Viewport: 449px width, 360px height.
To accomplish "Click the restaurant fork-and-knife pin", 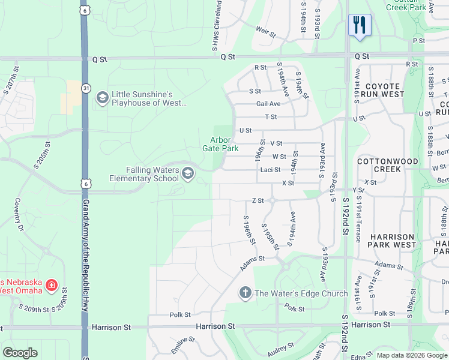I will [360, 25].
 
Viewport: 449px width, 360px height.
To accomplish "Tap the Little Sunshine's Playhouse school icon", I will [102, 97].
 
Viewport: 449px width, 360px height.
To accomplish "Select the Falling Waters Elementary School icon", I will [187, 173].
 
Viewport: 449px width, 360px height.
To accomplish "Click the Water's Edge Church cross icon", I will [245, 293].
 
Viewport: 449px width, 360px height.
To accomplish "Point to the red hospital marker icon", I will [52, 284].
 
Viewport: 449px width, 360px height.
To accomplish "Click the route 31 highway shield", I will [87, 88].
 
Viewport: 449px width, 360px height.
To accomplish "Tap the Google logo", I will [20, 353].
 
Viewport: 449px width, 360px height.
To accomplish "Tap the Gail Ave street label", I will [268, 103].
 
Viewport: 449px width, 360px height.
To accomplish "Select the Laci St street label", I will [271, 170].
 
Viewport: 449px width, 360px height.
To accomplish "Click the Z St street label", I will [258, 200].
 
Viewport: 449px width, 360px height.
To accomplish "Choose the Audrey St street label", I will [281, 349].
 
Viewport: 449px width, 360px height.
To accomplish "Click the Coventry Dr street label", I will [18, 215].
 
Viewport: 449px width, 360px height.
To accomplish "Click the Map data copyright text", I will [412, 355].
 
